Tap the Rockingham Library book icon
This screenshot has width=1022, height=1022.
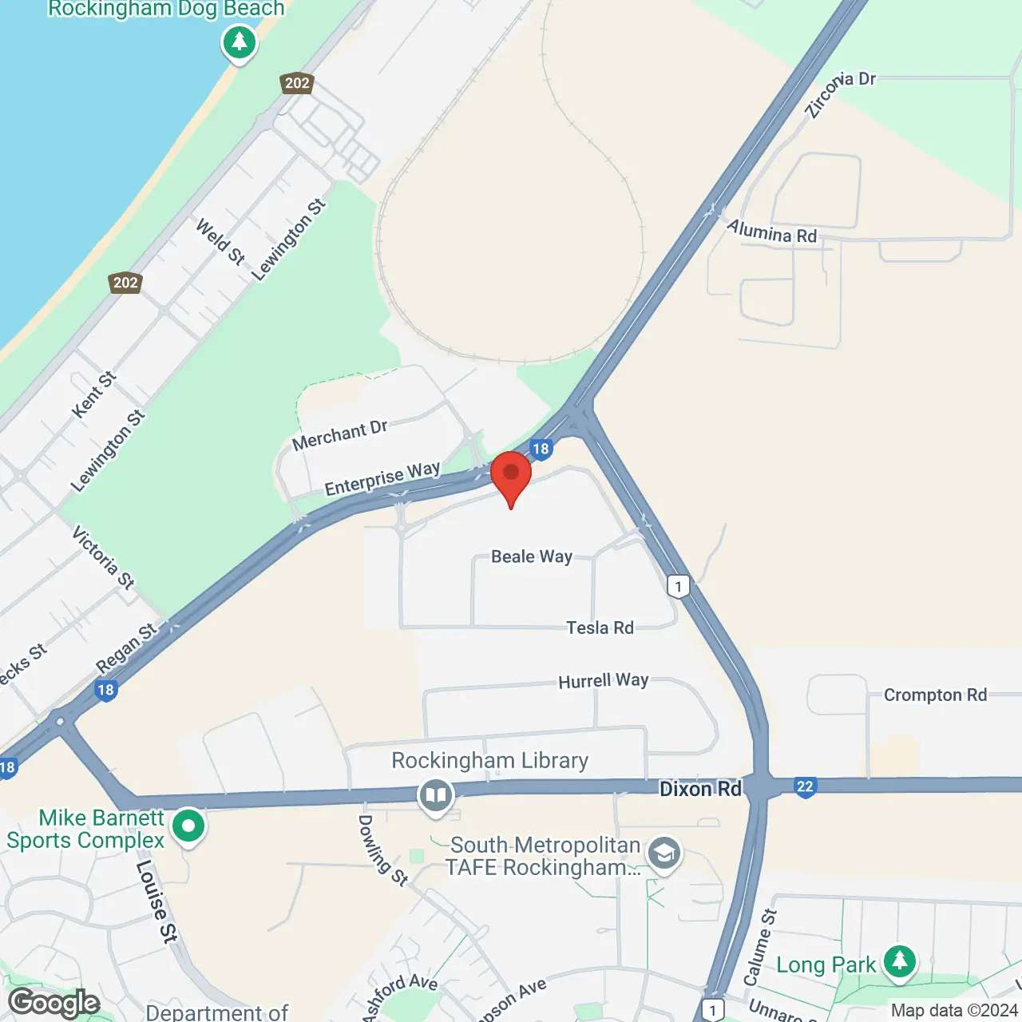435,795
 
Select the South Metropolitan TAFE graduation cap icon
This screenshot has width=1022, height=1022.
664,854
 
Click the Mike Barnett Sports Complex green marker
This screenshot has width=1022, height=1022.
188,826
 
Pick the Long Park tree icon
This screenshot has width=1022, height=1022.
900,961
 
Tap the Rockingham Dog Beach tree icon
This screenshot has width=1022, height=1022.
239,41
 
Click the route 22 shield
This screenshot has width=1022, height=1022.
805,787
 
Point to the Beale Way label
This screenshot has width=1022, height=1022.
532,557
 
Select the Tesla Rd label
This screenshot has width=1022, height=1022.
600,628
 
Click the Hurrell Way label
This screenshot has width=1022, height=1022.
603,681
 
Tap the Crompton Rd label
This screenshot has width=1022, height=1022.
935,695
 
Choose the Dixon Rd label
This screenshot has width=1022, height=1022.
700,789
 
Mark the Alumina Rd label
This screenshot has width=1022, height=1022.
771,232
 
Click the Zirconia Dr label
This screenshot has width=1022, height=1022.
839,93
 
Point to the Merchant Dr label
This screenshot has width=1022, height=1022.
339,435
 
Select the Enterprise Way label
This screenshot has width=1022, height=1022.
382,479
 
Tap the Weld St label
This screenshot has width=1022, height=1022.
220,241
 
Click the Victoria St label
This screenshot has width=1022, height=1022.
103,557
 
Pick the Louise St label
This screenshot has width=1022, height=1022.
156,901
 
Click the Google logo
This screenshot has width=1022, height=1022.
54,1003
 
